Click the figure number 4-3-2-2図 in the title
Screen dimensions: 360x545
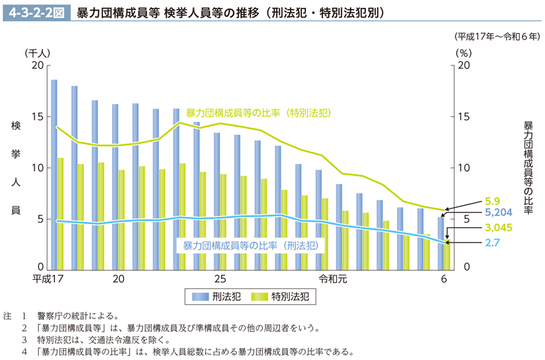(x=36, y=12)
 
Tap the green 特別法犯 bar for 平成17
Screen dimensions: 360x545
(x=61, y=213)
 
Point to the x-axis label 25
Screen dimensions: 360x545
(x=221, y=280)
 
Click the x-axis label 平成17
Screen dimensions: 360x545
(x=47, y=280)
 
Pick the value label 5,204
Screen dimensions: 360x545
(x=478, y=212)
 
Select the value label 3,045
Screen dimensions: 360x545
(x=478, y=228)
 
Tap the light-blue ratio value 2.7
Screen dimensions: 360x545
(x=472, y=243)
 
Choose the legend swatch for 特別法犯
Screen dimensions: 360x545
(x=259, y=297)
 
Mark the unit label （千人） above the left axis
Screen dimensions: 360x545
(x=37, y=52)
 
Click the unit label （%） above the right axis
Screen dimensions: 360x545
(x=463, y=52)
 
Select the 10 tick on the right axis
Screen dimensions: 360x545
(x=464, y=168)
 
